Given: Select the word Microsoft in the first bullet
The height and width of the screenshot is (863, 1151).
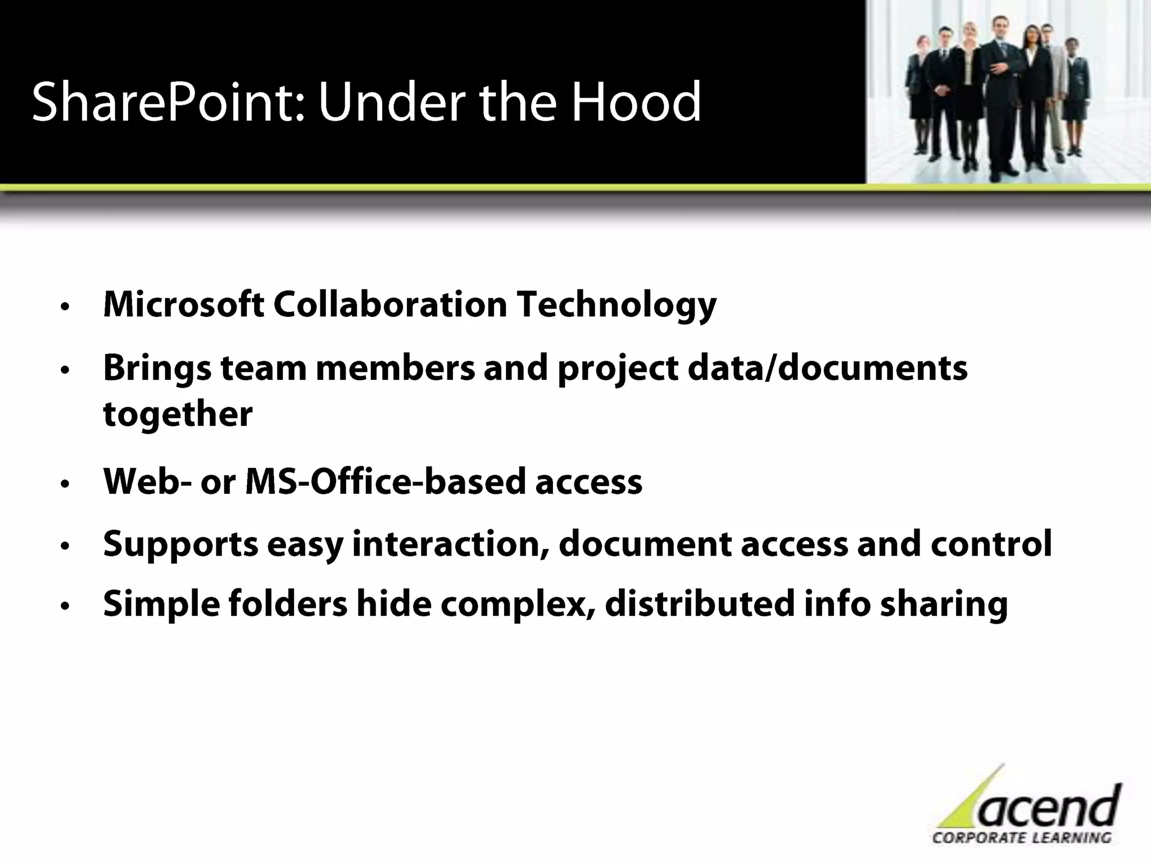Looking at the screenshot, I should point(184,305).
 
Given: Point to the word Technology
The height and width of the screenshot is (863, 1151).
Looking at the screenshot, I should point(617,306).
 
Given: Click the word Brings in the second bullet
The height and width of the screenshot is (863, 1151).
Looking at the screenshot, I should point(157,369).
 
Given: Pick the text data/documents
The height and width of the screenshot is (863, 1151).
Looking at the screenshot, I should point(827,368).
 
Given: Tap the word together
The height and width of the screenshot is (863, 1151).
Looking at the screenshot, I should point(178,414).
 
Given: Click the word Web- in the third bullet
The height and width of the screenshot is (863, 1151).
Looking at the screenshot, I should point(147,482).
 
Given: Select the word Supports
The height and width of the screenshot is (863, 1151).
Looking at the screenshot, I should point(180,545).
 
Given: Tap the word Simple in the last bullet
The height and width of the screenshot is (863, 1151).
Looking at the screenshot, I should point(161,605).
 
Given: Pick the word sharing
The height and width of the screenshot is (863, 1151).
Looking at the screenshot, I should point(944,605).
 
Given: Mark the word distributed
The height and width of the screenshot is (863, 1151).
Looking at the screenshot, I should point(700,603).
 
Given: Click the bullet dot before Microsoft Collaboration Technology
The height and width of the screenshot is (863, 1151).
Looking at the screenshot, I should point(65,307).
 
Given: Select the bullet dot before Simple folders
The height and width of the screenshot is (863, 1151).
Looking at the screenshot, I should point(65,606).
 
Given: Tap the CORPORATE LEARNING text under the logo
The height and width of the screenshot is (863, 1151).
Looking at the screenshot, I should point(1021,837).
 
